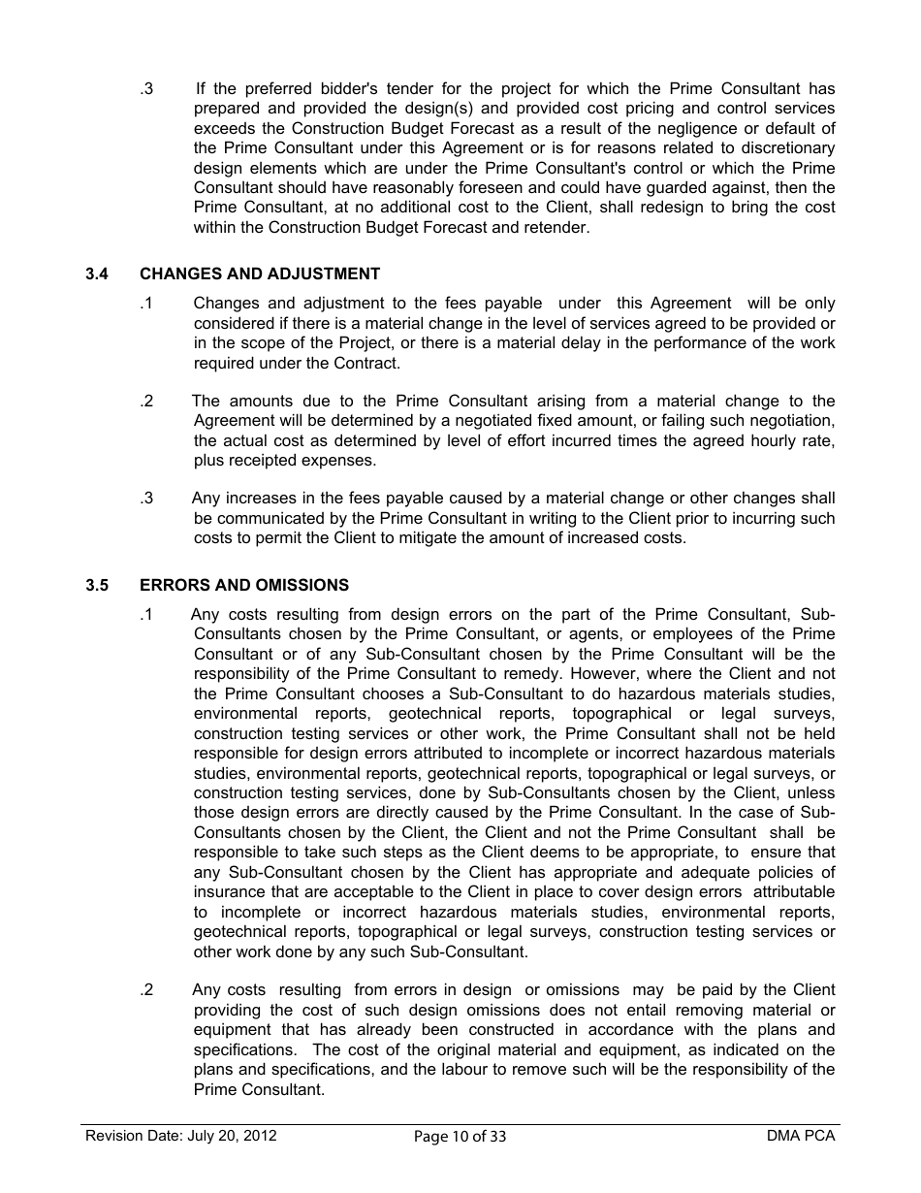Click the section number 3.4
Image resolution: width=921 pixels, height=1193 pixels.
tap(96, 274)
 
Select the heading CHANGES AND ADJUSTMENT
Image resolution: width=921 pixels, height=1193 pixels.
tap(260, 274)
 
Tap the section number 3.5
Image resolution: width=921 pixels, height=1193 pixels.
tap(96, 586)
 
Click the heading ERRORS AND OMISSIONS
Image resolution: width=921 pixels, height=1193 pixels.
tap(244, 586)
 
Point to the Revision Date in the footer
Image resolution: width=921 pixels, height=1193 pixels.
tap(181, 1136)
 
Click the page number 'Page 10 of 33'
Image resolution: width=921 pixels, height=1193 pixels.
tap(460, 1137)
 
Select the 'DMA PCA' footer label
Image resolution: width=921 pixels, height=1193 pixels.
tap(800, 1136)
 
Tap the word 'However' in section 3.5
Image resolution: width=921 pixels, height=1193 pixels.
tap(606, 674)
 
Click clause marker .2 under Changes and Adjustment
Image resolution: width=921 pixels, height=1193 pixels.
tap(146, 402)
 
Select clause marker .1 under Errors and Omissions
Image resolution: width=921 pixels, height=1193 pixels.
tap(146, 615)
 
